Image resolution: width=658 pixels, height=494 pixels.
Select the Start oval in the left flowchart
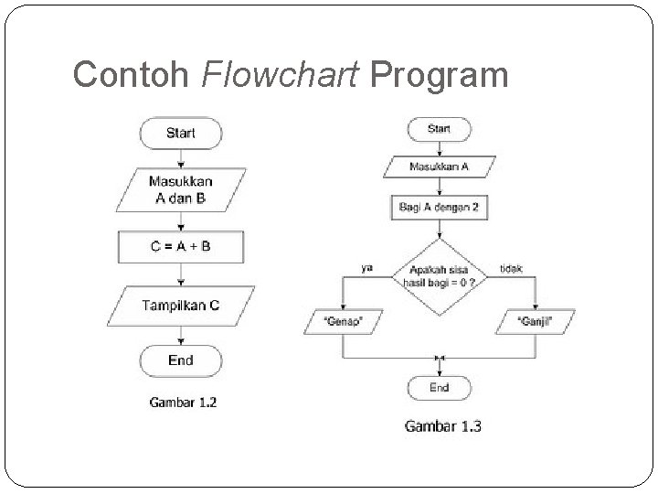[x=180, y=133]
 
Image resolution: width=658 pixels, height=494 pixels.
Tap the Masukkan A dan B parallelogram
[x=180, y=189]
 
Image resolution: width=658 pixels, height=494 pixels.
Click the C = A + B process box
[x=180, y=246]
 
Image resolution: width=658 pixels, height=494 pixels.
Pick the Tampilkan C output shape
[x=180, y=305]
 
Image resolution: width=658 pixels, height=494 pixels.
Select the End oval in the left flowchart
[x=180, y=360]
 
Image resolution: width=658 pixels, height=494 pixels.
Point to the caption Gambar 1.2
[x=183, y=401]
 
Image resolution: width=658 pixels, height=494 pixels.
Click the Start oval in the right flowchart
[x=439, y=129]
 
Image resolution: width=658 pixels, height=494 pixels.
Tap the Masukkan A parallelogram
[x=439, y=167]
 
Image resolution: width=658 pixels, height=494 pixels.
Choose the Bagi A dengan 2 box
[x=439, y=208]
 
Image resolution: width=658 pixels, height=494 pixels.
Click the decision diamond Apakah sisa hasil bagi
[x=440, y=276]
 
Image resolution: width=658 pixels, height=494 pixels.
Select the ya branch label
[x=366, y=268]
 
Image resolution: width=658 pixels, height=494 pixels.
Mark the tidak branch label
[x=512, y=268]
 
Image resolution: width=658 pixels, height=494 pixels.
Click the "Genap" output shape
[x=343, y=321]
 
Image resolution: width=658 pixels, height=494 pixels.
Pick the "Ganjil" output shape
[x=536, y=321]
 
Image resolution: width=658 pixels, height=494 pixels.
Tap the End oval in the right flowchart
[x=439, y=388]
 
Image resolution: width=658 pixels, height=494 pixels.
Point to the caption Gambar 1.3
[x=443, y=425]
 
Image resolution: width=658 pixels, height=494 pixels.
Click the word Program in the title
[x=440, y=74]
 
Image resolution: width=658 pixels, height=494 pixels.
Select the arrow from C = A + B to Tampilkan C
[x=180, y=273]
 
